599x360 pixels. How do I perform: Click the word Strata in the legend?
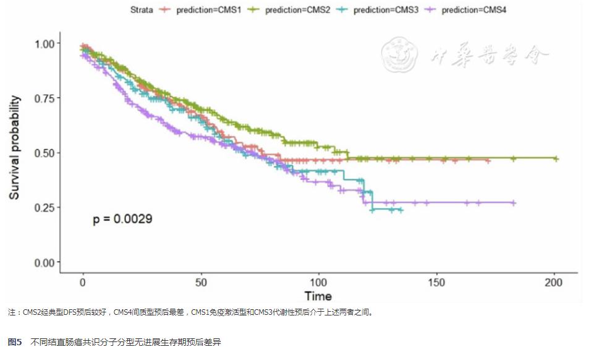pyautogui.click(x=142, y=10)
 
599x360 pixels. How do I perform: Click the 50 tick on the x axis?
pyautogui.click(x=200, y=282)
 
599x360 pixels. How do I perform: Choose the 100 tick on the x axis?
pyautogui.click(x=318, y=282)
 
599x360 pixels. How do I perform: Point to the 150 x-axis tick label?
pyautogui.click(x=436, y=282)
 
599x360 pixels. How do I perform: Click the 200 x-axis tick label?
pyautogui.click(x=554, y=282)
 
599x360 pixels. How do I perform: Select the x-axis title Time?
pyautogui.click(x=318, y=296)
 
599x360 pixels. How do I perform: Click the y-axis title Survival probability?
pyautogui.click(x=14, y=148)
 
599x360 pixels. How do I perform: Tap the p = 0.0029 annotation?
pyautogui.click(x=122, y=219)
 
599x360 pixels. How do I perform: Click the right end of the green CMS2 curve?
pyautogui.click(x=556, y=159)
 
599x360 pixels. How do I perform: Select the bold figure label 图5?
pyautogui.click(x=14, y=341)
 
